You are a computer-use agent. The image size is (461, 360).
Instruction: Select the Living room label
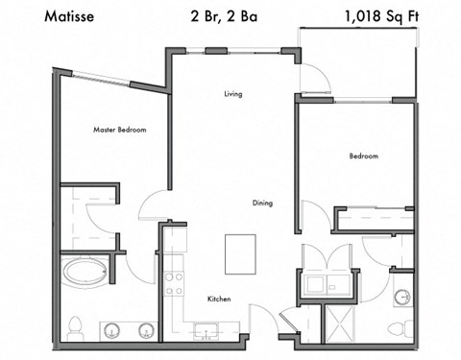[x=232, y=94]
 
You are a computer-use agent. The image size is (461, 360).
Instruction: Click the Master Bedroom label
[x=119, y=129]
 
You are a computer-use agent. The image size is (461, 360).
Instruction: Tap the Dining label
[x=262, y=203]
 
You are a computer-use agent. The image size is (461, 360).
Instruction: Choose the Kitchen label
[x=220, y=300]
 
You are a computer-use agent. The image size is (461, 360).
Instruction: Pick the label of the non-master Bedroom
[x=363, y=156]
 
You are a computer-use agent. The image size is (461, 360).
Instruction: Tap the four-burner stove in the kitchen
[x=175, y=281]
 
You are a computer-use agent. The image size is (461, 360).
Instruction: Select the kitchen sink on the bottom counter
[x=206, y=333]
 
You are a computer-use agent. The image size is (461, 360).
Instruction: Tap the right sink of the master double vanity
[x=145, y=332]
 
